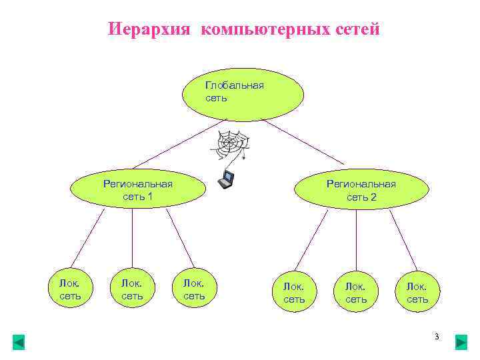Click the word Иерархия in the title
point(151,30)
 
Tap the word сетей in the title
point(355,30)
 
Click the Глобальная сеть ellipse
point(243,93)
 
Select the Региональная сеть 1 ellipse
point(137,190)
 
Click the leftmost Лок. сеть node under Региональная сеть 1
point(71,289)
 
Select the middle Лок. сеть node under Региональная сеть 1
point(132,289)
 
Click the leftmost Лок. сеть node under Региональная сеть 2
point(294,293)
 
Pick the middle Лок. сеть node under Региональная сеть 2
point(356,293)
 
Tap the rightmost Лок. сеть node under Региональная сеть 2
point(418,293)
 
